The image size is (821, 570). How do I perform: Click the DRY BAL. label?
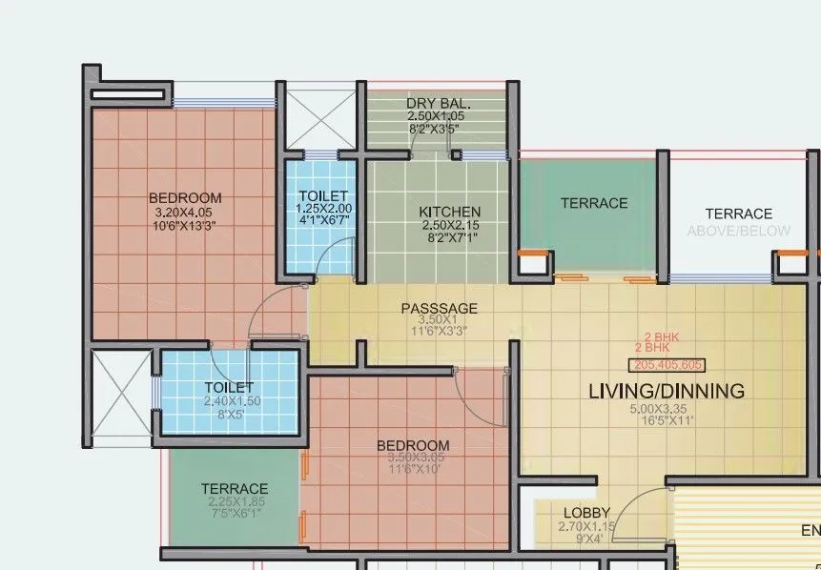(439, 103)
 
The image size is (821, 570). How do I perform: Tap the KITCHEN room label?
(450, 212)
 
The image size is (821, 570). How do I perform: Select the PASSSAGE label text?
(439, 309)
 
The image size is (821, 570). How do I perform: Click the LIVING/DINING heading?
(666, 391)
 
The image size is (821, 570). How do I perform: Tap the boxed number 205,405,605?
(667, 365)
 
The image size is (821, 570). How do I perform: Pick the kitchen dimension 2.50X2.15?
(450, 226)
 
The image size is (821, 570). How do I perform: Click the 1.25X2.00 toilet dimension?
(323, 208)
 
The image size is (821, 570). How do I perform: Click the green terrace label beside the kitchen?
(594, 203)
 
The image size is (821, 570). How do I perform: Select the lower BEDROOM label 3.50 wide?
(413, 445)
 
